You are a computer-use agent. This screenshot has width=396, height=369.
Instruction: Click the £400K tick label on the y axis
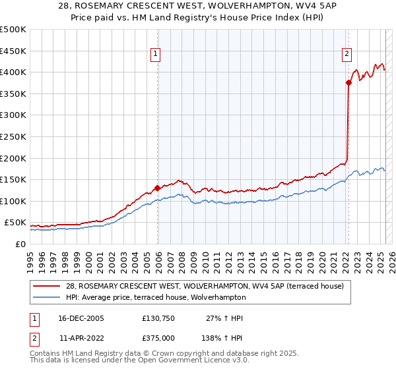[13, 72]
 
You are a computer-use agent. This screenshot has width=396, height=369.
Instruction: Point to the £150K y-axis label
[13, 179]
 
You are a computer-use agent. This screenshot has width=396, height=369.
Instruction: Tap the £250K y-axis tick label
[13, 136]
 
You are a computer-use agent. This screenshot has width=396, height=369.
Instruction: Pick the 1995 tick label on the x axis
[30, 258]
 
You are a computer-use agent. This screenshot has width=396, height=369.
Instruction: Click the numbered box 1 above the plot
[155, 55]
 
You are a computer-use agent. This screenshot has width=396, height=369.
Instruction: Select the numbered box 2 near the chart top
[346, 55]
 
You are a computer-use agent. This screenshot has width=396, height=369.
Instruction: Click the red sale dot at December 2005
[157, 188]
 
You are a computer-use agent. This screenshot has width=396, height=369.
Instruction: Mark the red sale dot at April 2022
[348, 83]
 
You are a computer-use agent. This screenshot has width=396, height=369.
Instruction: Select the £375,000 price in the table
[158, 337]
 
